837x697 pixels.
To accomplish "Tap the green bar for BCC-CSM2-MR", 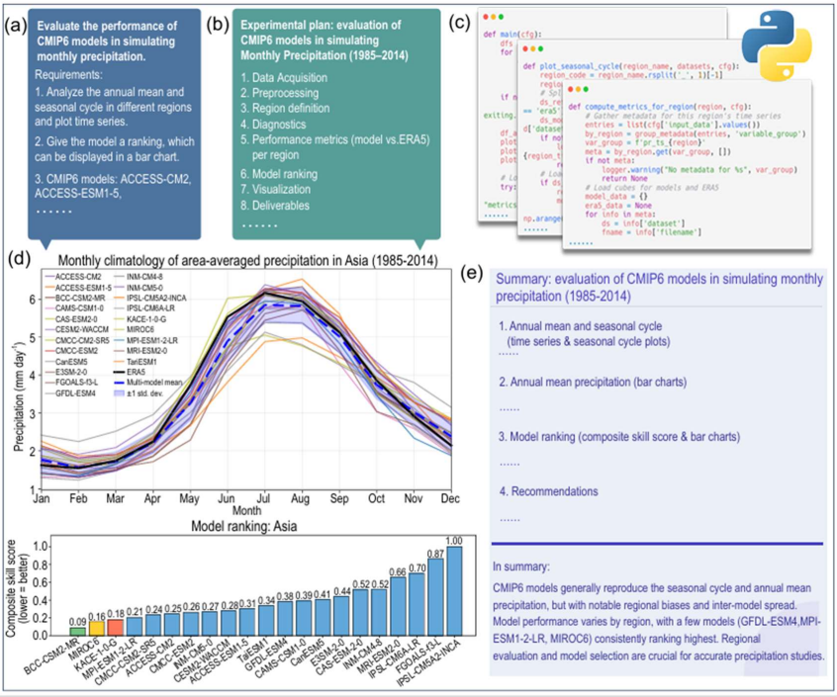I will click(77, 632).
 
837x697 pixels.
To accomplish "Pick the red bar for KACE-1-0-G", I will click(115, 628).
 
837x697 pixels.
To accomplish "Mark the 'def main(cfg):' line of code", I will click(514, 35).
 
